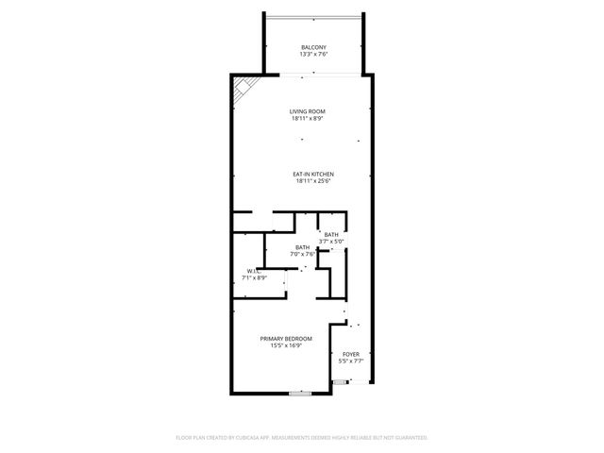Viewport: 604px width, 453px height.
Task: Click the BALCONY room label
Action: pos(313,48)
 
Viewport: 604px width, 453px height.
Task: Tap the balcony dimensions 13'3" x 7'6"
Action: pos(313,55)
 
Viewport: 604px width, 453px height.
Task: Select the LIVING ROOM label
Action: pos(308,112)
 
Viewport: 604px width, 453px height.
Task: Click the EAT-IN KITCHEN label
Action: pos(313,174)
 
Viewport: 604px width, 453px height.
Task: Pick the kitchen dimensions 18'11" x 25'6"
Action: pos(313,181)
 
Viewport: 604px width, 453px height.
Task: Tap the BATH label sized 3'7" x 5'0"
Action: pos(331,234)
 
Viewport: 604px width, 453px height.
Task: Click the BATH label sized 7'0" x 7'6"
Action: pos(302,247)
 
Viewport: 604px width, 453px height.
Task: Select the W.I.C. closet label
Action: pos(250,272)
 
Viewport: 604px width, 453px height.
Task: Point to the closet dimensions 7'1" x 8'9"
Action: pos(255,278)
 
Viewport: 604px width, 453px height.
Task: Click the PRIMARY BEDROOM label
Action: pos(287,338)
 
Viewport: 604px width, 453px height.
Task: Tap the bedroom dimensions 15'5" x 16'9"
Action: pos(287,345)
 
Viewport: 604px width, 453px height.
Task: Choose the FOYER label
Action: pos(351,354)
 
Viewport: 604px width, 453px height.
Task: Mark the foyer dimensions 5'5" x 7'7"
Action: pos(351,361)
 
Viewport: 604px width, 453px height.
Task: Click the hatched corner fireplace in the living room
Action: pos(243,88)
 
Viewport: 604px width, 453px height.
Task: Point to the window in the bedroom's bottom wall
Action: pos(300,394)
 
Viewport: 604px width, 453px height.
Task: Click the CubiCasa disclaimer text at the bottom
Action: pos(302,438)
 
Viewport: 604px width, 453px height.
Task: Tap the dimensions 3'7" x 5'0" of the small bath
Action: pos(331,242)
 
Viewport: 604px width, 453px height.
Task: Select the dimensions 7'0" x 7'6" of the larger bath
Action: pos(302,254)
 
